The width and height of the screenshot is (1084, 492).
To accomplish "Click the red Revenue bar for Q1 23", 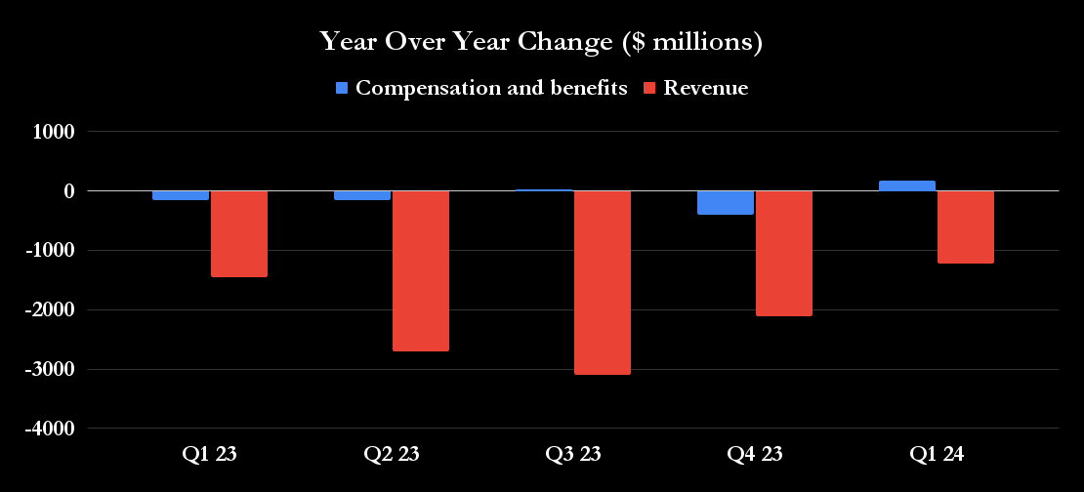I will click(239, 233).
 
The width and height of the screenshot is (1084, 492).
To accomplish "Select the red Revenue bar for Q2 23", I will click(421, 270).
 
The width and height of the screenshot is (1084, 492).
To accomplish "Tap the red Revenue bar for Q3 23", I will click(603, 282).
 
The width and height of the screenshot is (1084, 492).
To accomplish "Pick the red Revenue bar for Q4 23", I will click(783, 253).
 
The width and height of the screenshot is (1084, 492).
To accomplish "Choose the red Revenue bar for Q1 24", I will click(965, 226).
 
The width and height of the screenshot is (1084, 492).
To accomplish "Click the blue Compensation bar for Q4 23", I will click(726, 202).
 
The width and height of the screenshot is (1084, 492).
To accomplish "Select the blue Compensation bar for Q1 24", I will click(907, 185).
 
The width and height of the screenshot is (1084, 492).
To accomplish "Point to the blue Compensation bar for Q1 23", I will click(181, 195).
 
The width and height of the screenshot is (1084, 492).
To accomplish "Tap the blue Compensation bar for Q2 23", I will click(362, 195).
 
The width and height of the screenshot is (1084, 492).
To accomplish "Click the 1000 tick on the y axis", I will click(55, 132).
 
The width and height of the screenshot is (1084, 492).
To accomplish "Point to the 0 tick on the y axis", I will click(68, 191).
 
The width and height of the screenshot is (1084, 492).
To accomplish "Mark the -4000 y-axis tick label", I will click(50, 430).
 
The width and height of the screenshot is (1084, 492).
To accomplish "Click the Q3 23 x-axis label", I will click(573, 454).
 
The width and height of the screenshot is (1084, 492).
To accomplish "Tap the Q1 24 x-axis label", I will click(936, 454).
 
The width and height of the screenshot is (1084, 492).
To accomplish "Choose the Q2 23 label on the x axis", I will click(392, 454).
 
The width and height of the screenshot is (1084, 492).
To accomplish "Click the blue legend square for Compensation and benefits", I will click(342, 88).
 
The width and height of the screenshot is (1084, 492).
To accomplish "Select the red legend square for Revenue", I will click(650, 88).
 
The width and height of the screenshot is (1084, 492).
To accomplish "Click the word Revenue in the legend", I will click(705, 88).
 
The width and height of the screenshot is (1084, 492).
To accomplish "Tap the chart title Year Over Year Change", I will click(541, 42).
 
